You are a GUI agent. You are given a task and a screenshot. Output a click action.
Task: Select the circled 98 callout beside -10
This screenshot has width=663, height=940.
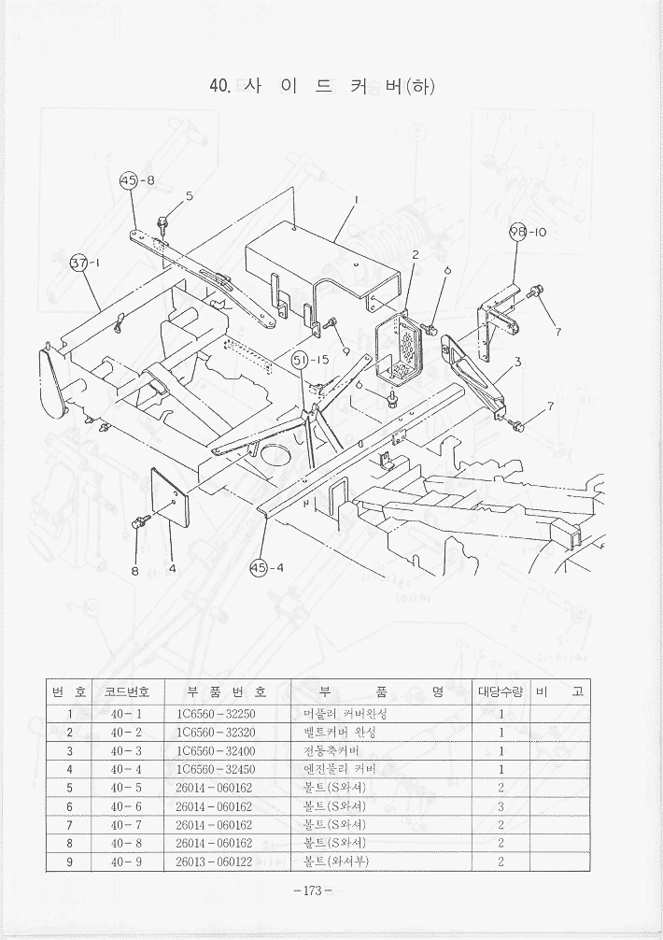(x=518, y=233)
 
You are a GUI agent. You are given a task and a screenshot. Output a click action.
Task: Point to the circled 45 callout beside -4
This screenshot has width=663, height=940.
(x=259, y=567)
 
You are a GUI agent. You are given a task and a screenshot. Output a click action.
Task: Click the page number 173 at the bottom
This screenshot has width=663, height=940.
(x=312, y=890)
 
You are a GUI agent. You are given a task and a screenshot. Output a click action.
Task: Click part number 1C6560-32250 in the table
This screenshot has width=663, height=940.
(x=216, y=714)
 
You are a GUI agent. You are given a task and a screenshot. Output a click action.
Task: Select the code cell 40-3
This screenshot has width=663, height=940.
(x=126, y=750)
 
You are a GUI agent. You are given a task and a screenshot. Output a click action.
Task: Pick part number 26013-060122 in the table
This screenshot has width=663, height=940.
(x=216, y=862)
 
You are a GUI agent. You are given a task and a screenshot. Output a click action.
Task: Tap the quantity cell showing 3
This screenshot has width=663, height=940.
(x=501, y=805)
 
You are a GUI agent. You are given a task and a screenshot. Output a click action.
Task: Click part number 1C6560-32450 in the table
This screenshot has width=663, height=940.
(x=216, y=769)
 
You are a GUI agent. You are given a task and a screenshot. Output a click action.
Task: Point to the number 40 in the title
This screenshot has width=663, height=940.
(x=220, y=86)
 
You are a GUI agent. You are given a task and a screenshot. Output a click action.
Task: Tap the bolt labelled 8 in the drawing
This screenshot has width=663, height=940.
(x=141, y=520)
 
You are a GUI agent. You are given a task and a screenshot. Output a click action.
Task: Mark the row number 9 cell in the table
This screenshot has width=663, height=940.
(x=69, y=862)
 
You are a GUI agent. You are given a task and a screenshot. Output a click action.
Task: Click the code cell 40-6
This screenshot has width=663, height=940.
(x=126, y=805)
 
